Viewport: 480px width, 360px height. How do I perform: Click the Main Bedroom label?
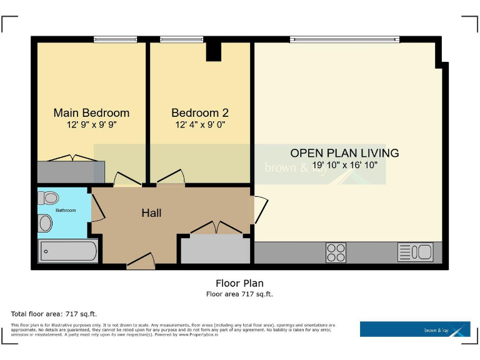pyautogui.click(x=91, y=113)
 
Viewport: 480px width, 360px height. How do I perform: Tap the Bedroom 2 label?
pyautogui.click(x=200, y=113)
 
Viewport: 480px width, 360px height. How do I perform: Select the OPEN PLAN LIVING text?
pyautogui.click(x=344, y=153)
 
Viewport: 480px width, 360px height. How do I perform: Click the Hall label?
pyautogui.click(x=151, y=213)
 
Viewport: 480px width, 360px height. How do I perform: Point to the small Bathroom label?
pyautogui.click(x=66, y=211)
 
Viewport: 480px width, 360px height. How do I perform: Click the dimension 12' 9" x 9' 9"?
pyautogui.click(x=91, y=125)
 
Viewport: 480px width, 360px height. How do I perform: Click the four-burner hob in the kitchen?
pyautogui.click(x=336, y=252)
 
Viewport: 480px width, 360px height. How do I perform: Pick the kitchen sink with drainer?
pyautogui.click(x=415, y=252)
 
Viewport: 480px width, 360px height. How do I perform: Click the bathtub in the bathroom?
pyautogui.click(x=69, y=251)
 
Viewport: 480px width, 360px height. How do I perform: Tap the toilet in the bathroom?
pyautogui.click(x=48, y=198)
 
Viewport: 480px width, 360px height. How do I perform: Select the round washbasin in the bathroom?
pyautogui.click(x=45, y=223)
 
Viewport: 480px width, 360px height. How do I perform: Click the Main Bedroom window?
pyautogui.click(x=115, y=39)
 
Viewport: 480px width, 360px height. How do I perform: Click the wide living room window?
pyautogui.click(x=344, y=39)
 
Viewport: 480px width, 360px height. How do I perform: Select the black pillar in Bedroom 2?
pyautogui.click(x=214, y=51)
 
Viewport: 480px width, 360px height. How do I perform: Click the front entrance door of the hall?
pyautogui.click(x=141, y=261)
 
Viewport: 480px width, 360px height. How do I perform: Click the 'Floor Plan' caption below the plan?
pyautogui.click(x=239, y=283)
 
